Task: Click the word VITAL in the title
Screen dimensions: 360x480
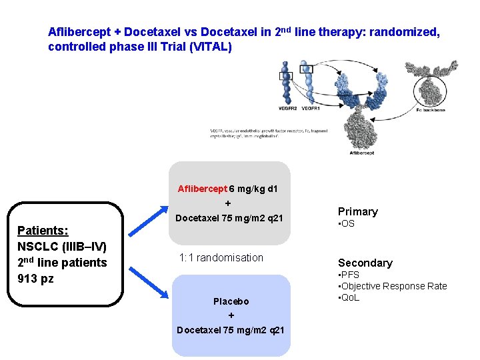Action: (211, 47)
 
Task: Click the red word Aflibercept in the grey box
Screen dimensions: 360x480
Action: (203, 189)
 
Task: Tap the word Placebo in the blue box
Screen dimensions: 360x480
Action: (231, 301)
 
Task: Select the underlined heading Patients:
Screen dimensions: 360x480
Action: (43, 231)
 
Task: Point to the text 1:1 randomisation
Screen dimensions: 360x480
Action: (221, 258)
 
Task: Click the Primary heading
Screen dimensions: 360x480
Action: (357, 211)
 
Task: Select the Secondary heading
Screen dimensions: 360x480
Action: (365, 263)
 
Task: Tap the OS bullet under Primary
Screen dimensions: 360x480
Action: (347, 224)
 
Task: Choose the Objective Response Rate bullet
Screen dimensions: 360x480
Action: (393, 286)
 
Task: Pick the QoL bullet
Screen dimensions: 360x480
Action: (349, 297)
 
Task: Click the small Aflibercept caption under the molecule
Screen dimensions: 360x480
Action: (363, 153)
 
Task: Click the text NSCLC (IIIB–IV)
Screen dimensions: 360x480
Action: (62, 247)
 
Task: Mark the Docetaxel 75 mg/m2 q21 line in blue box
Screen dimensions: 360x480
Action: (230, 330)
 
